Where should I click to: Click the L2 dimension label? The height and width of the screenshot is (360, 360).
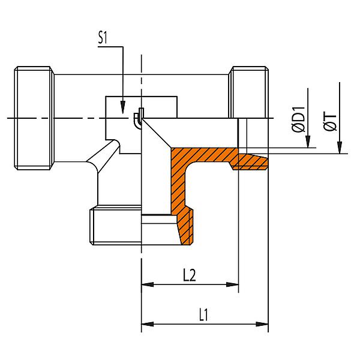[190, 275]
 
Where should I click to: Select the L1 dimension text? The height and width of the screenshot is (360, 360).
[205, 314]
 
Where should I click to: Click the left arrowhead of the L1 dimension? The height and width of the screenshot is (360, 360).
[146, 324]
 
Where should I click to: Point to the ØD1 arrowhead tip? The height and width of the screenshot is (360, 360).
[307, 147]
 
